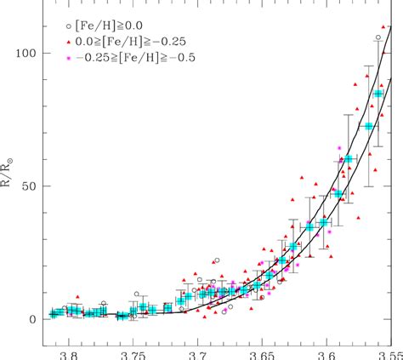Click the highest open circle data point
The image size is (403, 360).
378,37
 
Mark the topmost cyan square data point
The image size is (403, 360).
378,94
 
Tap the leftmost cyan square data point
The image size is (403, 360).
55,313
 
